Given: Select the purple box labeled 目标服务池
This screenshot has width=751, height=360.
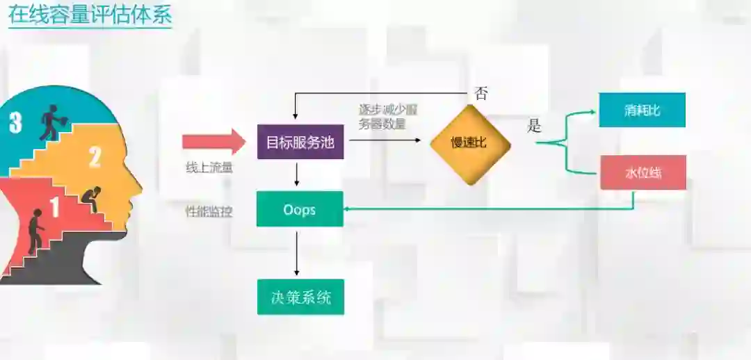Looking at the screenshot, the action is click(300, 142).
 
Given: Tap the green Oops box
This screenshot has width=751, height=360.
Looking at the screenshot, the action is click(300, 209).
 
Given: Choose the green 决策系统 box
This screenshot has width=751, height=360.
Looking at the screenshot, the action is click(300, 297).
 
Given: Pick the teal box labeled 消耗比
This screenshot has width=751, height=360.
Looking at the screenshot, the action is click(642, 110).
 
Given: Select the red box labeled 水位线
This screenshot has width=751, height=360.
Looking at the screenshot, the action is click(643, 172).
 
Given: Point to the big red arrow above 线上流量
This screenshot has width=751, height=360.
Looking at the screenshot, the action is click(213, 142).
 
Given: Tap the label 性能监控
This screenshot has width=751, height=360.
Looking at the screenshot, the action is click(209, 211).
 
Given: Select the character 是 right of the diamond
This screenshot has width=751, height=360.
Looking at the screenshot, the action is click(534, 126).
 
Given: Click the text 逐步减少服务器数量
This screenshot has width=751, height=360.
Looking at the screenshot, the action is click(387, 117).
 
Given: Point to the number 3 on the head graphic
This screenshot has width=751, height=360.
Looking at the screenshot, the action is click(15, 123).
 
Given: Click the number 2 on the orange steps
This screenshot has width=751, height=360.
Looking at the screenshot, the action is click(95, 157).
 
